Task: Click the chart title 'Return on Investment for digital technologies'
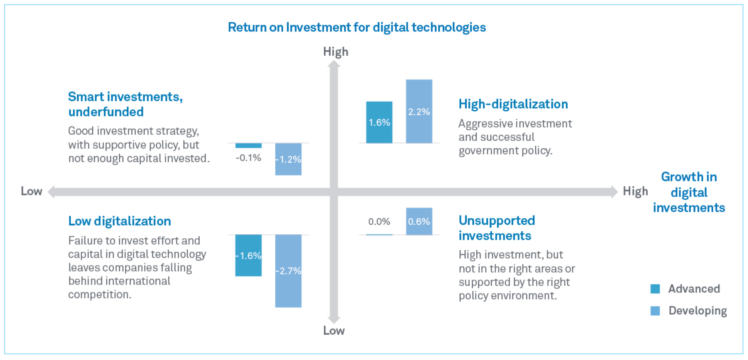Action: point(356,27)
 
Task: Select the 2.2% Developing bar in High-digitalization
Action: point(419,111)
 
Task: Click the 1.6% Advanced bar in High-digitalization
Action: point(379,123)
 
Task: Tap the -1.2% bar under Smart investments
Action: point(288,159)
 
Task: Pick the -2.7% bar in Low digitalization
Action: point(288,271)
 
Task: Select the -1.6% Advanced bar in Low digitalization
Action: point(249,255)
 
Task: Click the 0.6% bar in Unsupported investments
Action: point(419,222)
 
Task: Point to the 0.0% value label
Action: point(379,222)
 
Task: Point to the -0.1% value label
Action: point(249,158)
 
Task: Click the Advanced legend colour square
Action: point(655,289)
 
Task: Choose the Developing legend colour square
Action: point(655,311)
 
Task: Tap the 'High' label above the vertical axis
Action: point(335,52)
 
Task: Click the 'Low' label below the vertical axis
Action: point(334,331)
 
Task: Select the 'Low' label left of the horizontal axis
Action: point(31,191)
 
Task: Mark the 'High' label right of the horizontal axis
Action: point(635,191)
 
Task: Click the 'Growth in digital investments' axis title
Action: point(689,192)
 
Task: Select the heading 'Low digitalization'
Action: point(119,221)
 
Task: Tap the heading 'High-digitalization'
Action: point(513,104)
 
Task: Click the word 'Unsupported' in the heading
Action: point(497,220)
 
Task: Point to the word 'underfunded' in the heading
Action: point(106,112)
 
